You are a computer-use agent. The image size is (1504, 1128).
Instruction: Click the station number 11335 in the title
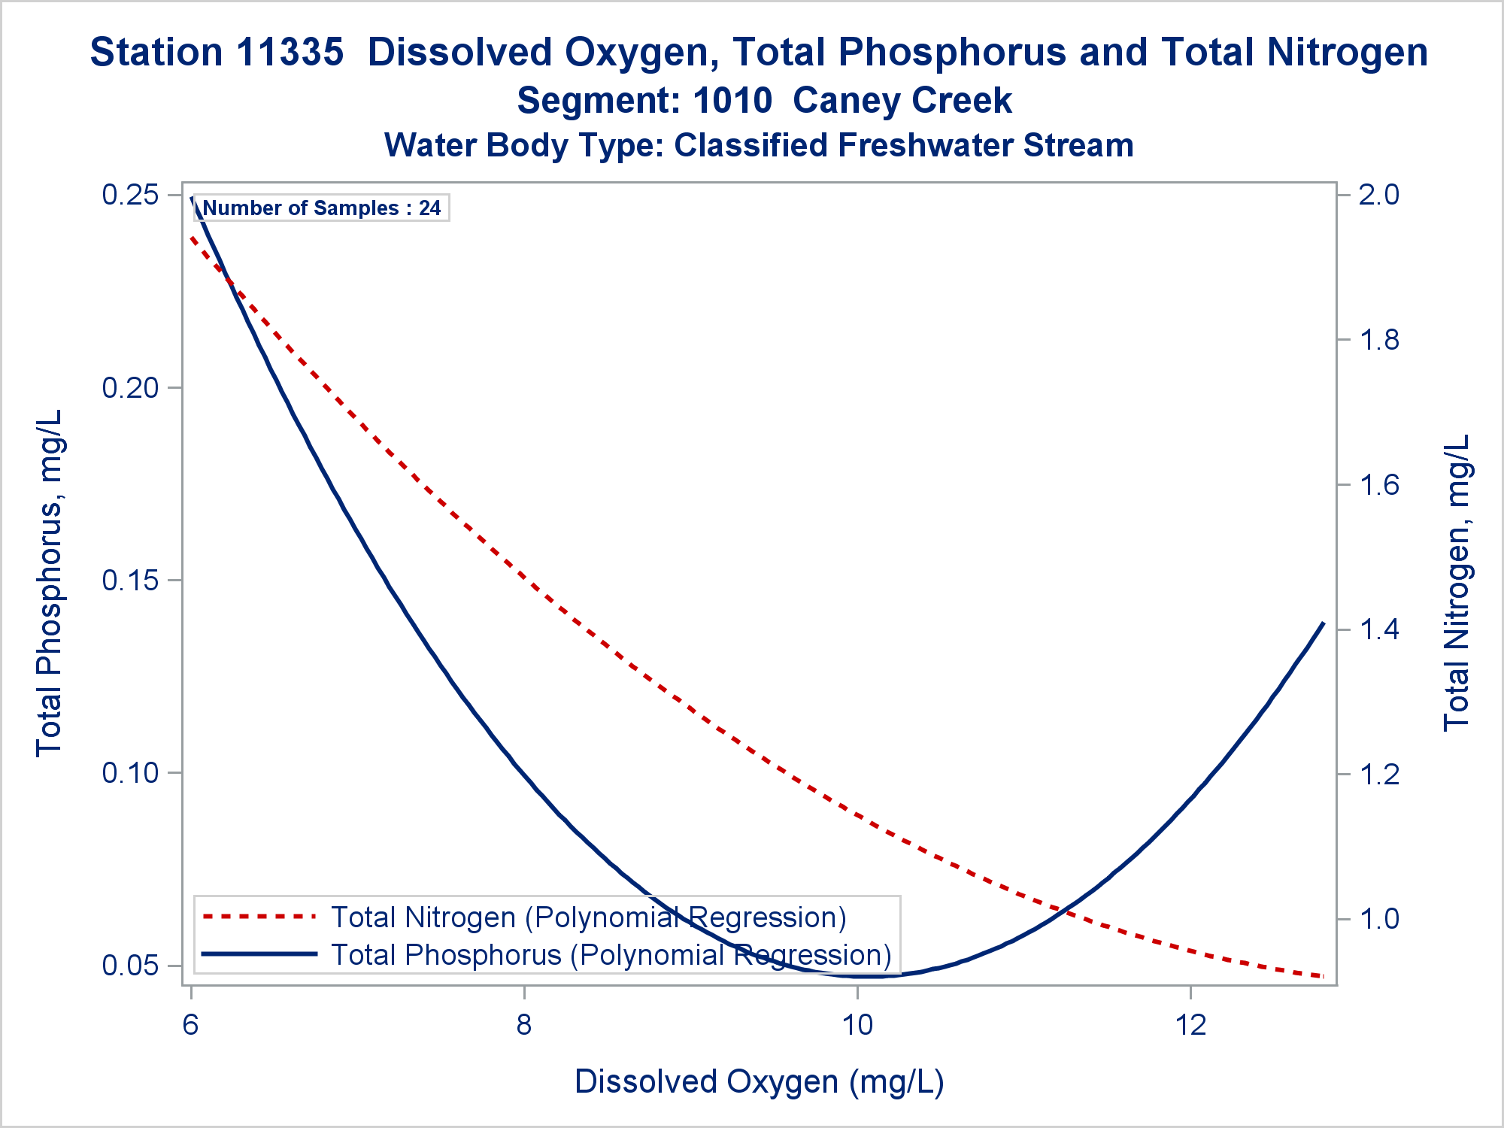tap(290, 53)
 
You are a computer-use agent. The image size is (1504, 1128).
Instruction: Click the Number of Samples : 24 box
tap(322, 208)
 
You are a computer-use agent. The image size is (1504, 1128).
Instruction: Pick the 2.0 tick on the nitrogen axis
tap(1379, 195)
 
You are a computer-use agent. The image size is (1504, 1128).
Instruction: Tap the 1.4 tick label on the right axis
tap(1379, 629)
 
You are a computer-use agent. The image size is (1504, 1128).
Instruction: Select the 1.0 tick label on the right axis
tap(1379, 918)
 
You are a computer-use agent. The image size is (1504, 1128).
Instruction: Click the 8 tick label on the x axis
tap(524, 1024)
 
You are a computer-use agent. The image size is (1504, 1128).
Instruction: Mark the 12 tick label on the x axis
tap(1190, 1024)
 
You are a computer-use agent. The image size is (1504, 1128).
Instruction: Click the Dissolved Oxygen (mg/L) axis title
tap(759, 1081)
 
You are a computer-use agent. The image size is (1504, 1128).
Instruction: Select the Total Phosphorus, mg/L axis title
tap(50, 583)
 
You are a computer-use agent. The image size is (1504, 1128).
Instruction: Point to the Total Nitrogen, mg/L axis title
tap(1457, 583)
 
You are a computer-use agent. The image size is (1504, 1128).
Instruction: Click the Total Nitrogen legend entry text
tap(589, 917)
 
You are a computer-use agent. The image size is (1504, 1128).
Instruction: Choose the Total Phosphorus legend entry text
tap(611, 955)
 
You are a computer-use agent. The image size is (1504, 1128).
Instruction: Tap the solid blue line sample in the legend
tap(259, 954)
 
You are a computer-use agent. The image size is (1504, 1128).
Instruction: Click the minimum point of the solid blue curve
tap(865, 977)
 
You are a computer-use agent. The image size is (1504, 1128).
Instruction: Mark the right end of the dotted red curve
tap(1322, 976)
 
